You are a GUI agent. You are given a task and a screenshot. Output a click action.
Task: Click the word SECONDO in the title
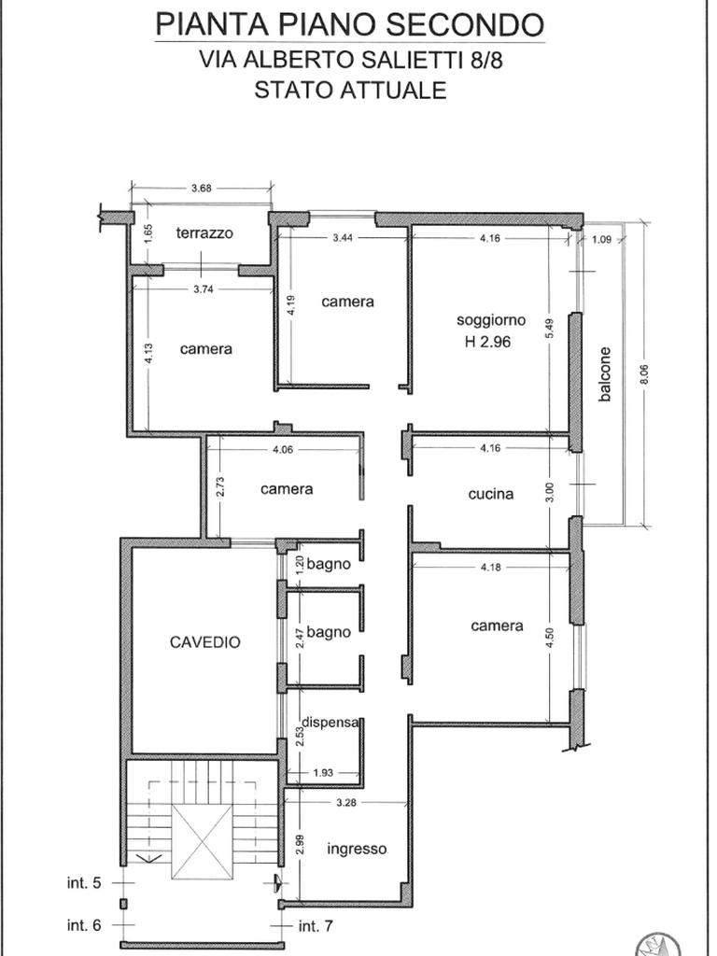[x=465, y=24]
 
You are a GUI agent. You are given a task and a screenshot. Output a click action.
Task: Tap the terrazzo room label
[x=204, y=232]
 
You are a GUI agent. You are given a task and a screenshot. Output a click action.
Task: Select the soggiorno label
[x=491, y=321]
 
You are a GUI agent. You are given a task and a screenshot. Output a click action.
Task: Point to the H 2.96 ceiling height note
[x=487, y=342]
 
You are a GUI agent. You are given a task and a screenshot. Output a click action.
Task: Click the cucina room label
[x=491, y=494]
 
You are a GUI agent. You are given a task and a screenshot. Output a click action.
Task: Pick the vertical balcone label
[x=604, y=374]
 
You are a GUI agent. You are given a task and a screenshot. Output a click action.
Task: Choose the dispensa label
[x=330, y=722]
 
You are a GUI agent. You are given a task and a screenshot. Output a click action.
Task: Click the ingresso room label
[x=357, y=850]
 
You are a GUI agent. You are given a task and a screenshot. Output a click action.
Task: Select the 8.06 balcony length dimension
[x=645, y=374]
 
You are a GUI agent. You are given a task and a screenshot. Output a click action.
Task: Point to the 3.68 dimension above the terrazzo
[x=202, y=189]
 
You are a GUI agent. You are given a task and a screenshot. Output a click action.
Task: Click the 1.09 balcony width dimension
[x=601, y=240]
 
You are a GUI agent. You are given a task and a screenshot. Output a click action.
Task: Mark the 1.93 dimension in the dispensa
[x=322, y=773]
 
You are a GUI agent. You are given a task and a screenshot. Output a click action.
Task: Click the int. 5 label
[x=83, y=882]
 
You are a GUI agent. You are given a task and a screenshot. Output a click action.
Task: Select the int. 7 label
[x=316, y=926]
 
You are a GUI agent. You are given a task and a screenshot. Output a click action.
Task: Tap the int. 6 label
[x=83, y=925]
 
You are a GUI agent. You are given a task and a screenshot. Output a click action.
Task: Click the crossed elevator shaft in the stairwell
[x=202, y=842]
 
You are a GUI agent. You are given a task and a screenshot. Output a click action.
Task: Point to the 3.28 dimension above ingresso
[x=346, y=802]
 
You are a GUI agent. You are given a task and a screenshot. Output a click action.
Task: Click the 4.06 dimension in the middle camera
[x=284, y=451]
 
